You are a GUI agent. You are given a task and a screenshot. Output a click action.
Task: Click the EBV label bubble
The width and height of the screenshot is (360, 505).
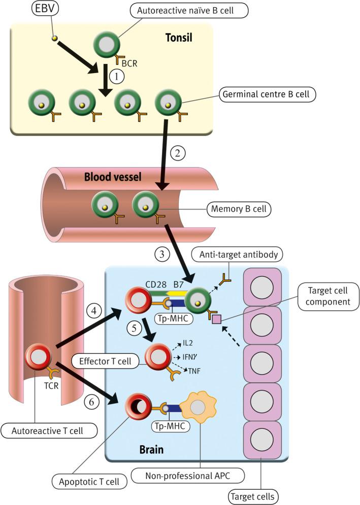coord(45,8)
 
